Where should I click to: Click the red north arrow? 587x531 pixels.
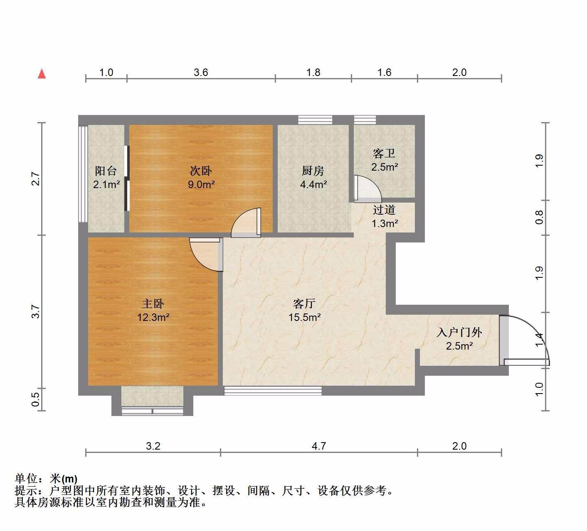(x=42, y=73)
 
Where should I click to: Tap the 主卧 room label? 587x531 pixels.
(x=153, y=304)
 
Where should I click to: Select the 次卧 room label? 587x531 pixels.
(x=201, y=171)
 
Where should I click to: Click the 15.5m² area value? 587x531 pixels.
(x=305, y=317)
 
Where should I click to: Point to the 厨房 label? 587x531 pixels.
(x=313, y=171)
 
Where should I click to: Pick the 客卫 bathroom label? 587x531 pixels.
(x=384, y=154)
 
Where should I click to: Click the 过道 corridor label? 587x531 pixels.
(x=384, y=210)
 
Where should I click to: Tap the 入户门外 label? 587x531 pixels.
(x=459, y=332)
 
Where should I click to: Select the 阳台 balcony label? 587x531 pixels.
(x=106, y=171)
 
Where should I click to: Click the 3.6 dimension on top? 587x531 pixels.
(x=201, y=73)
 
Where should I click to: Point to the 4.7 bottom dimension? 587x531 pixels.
(x=319, y=446)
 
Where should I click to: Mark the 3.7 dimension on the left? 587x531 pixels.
(x=35, y=311)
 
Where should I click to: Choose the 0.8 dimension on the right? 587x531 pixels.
(x=539, y=218)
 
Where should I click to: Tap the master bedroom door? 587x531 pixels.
(x=206, y=254)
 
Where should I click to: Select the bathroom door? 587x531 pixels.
(x=367, y=189)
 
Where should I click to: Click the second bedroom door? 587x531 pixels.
(x=246, y=223)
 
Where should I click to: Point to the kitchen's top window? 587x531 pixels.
(x=315, y=120)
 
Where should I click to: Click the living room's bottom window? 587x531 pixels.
(x=273, y=391)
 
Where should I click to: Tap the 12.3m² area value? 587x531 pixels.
(x=153, y=317)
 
